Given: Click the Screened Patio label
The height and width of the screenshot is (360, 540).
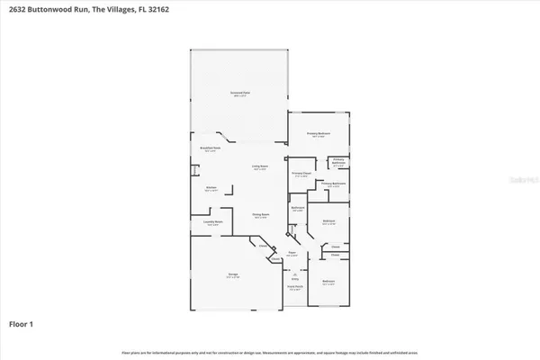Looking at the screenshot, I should coord(238,93).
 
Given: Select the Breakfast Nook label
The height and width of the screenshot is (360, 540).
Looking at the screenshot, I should coord(211,149).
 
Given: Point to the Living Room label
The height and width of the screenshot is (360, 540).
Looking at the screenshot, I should coord(259,167).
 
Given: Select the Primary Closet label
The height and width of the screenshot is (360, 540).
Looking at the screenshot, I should coord(300,174).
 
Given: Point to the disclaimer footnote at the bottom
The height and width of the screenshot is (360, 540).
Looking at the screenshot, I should coord(270,351).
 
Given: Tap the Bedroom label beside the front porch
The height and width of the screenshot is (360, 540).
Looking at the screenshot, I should coord(329,282).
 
